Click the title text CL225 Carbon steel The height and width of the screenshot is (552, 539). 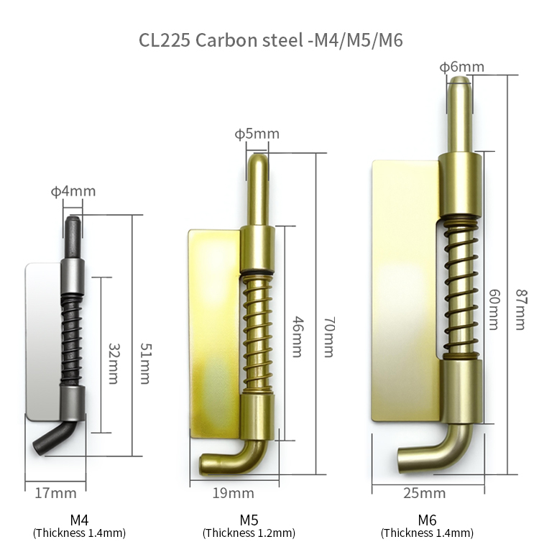(221, 40)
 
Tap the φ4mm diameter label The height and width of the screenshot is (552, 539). (73, 191)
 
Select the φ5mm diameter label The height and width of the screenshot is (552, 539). (257, 134)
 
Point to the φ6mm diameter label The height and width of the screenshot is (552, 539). (461, 67)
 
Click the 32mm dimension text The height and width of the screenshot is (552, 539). (114, 364)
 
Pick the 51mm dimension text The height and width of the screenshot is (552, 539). (145, 364)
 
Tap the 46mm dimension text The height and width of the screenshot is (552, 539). (298, 336)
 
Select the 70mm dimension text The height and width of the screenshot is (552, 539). (329, 337)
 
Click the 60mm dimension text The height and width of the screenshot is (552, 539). (494, 310)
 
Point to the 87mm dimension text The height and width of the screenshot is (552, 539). (522, 310)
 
